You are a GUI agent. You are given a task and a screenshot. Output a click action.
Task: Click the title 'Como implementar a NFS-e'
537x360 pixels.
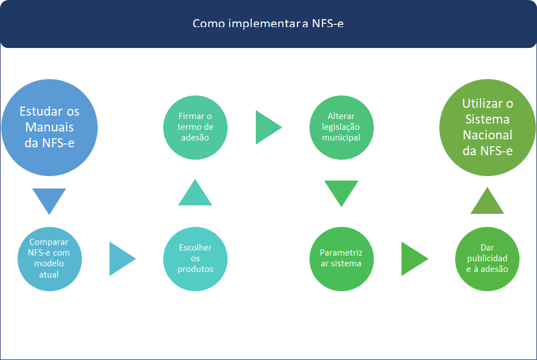click(x=268, y=24)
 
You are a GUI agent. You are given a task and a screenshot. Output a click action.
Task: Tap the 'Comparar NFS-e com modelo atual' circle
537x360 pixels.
click(x=49, y=259)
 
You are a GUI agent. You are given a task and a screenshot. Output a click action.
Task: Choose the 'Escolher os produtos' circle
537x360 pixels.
click(x=195, y=259)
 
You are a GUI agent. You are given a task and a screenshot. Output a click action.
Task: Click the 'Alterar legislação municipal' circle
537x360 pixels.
click(x=342, y=127)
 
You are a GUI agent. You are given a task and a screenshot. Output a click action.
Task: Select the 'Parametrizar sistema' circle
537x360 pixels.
click(x=342, y=259)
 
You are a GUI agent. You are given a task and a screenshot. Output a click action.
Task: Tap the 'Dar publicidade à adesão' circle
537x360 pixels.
click(x=487, y=259)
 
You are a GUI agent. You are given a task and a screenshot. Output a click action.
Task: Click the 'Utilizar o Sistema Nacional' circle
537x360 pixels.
click(x=487, y=127)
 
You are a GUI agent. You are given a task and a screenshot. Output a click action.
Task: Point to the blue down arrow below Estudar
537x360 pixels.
click(x=49, y=199)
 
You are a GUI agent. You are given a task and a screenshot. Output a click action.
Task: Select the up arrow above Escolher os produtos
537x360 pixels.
click(x=195, y=194)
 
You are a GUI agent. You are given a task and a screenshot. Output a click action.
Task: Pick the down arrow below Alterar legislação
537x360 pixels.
click(x=341, y=192)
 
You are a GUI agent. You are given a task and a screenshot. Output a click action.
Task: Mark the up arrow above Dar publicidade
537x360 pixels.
click(x=487, y=202)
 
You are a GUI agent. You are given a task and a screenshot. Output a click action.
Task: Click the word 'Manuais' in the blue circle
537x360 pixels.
click(x=50, y=127)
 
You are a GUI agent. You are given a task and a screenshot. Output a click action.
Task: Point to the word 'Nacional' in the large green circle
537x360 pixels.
click(x=488, y=135)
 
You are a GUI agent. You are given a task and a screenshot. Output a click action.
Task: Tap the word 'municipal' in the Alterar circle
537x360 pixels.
click(x=341, y=137)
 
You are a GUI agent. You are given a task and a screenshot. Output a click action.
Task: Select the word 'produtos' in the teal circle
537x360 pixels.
click(x=195, y=269)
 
